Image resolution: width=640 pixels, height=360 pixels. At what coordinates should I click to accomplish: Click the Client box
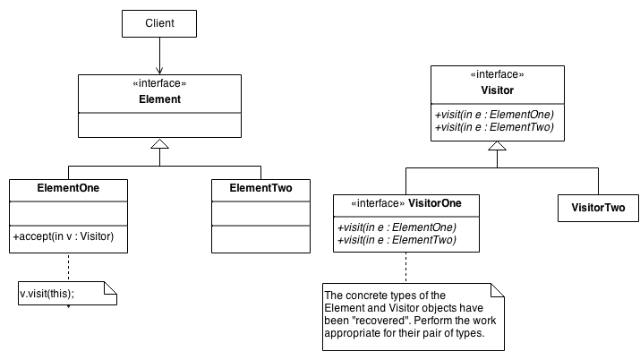(158, 23)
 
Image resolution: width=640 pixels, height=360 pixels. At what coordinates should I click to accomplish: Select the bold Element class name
(159, 99)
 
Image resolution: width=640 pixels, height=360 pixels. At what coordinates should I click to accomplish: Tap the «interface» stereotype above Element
(159, 84)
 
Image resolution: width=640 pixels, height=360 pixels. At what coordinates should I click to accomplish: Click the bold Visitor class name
(497, 91)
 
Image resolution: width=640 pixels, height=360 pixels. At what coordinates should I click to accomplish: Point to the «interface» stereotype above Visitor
(497, 75)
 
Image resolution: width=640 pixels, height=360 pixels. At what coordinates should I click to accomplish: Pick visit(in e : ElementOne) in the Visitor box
(494, 115)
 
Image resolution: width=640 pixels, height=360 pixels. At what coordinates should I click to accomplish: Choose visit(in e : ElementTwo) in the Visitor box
(494, 127)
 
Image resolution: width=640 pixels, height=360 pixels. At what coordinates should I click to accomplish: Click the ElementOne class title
(68, 189)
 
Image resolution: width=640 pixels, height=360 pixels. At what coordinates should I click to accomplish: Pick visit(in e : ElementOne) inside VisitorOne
(397, 227)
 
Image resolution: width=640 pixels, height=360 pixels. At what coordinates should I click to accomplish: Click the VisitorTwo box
(598, 209)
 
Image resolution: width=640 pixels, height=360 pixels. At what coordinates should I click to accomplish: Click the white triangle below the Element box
(158, 143)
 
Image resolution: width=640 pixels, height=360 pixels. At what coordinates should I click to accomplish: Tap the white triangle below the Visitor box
(497, 144)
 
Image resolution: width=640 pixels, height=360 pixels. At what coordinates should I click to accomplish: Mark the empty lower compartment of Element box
(159, 124)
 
